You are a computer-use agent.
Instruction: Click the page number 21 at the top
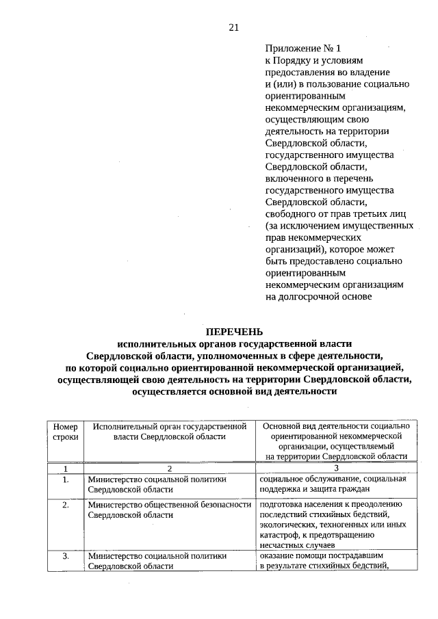tap(233, 27)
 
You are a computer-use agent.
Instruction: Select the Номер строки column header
tap(65, 431)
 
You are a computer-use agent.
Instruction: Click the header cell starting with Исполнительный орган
tap(168, 431)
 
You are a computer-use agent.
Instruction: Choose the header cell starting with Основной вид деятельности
tap(335, 441)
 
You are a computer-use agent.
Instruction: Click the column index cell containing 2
tap(168, 469)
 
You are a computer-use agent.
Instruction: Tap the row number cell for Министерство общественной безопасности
tap(65, 505)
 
